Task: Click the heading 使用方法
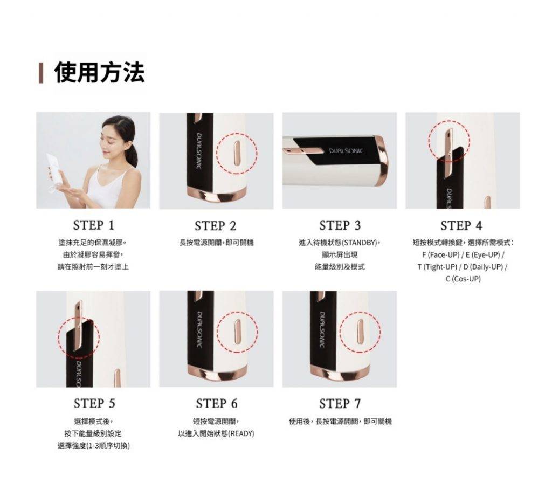pos(100,72)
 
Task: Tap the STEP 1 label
pos(94,225)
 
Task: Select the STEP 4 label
pos(461,225)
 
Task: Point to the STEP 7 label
pos(340,403)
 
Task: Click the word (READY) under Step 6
pos(241,433)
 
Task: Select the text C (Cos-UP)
pos(463,279)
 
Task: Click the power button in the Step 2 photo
pos(237,153)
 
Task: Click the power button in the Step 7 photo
pos(360,332)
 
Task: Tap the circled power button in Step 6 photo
pos(237,332)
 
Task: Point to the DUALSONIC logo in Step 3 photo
pos(346,151)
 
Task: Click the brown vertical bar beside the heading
pos(41,73)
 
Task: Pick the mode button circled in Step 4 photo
pos(449,154)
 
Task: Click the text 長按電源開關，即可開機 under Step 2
pos(216,243)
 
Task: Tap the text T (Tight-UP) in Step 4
pos(437,266)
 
